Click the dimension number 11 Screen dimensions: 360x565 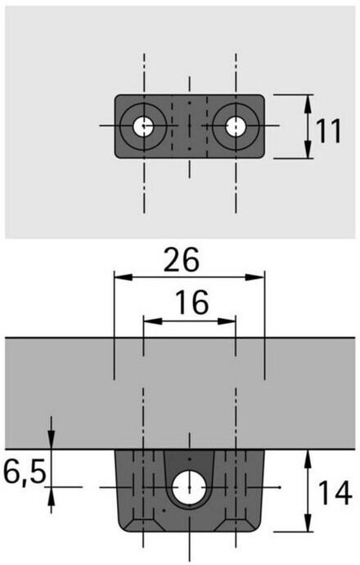point(328,132)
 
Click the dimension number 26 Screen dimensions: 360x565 point(181,259)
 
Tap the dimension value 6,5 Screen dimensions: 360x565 point(25,472)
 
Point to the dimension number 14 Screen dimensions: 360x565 point(335,493)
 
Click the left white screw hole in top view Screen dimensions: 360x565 point(143,126)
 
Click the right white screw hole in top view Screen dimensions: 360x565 point(236,126)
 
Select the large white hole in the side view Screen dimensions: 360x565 point(189,487)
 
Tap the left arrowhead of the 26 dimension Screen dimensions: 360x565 point(123,277)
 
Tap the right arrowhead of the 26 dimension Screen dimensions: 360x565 point(255,277)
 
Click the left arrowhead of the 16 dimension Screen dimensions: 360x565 point(152,321)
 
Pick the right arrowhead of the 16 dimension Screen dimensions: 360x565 point(227,321)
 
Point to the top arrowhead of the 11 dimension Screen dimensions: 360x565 point(308,104)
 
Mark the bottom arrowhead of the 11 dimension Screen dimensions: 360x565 point(308,149)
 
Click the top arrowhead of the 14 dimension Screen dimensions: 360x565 point(308,459)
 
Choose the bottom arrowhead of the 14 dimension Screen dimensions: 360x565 point(308,522)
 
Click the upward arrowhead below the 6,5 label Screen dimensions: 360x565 point(52,496)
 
